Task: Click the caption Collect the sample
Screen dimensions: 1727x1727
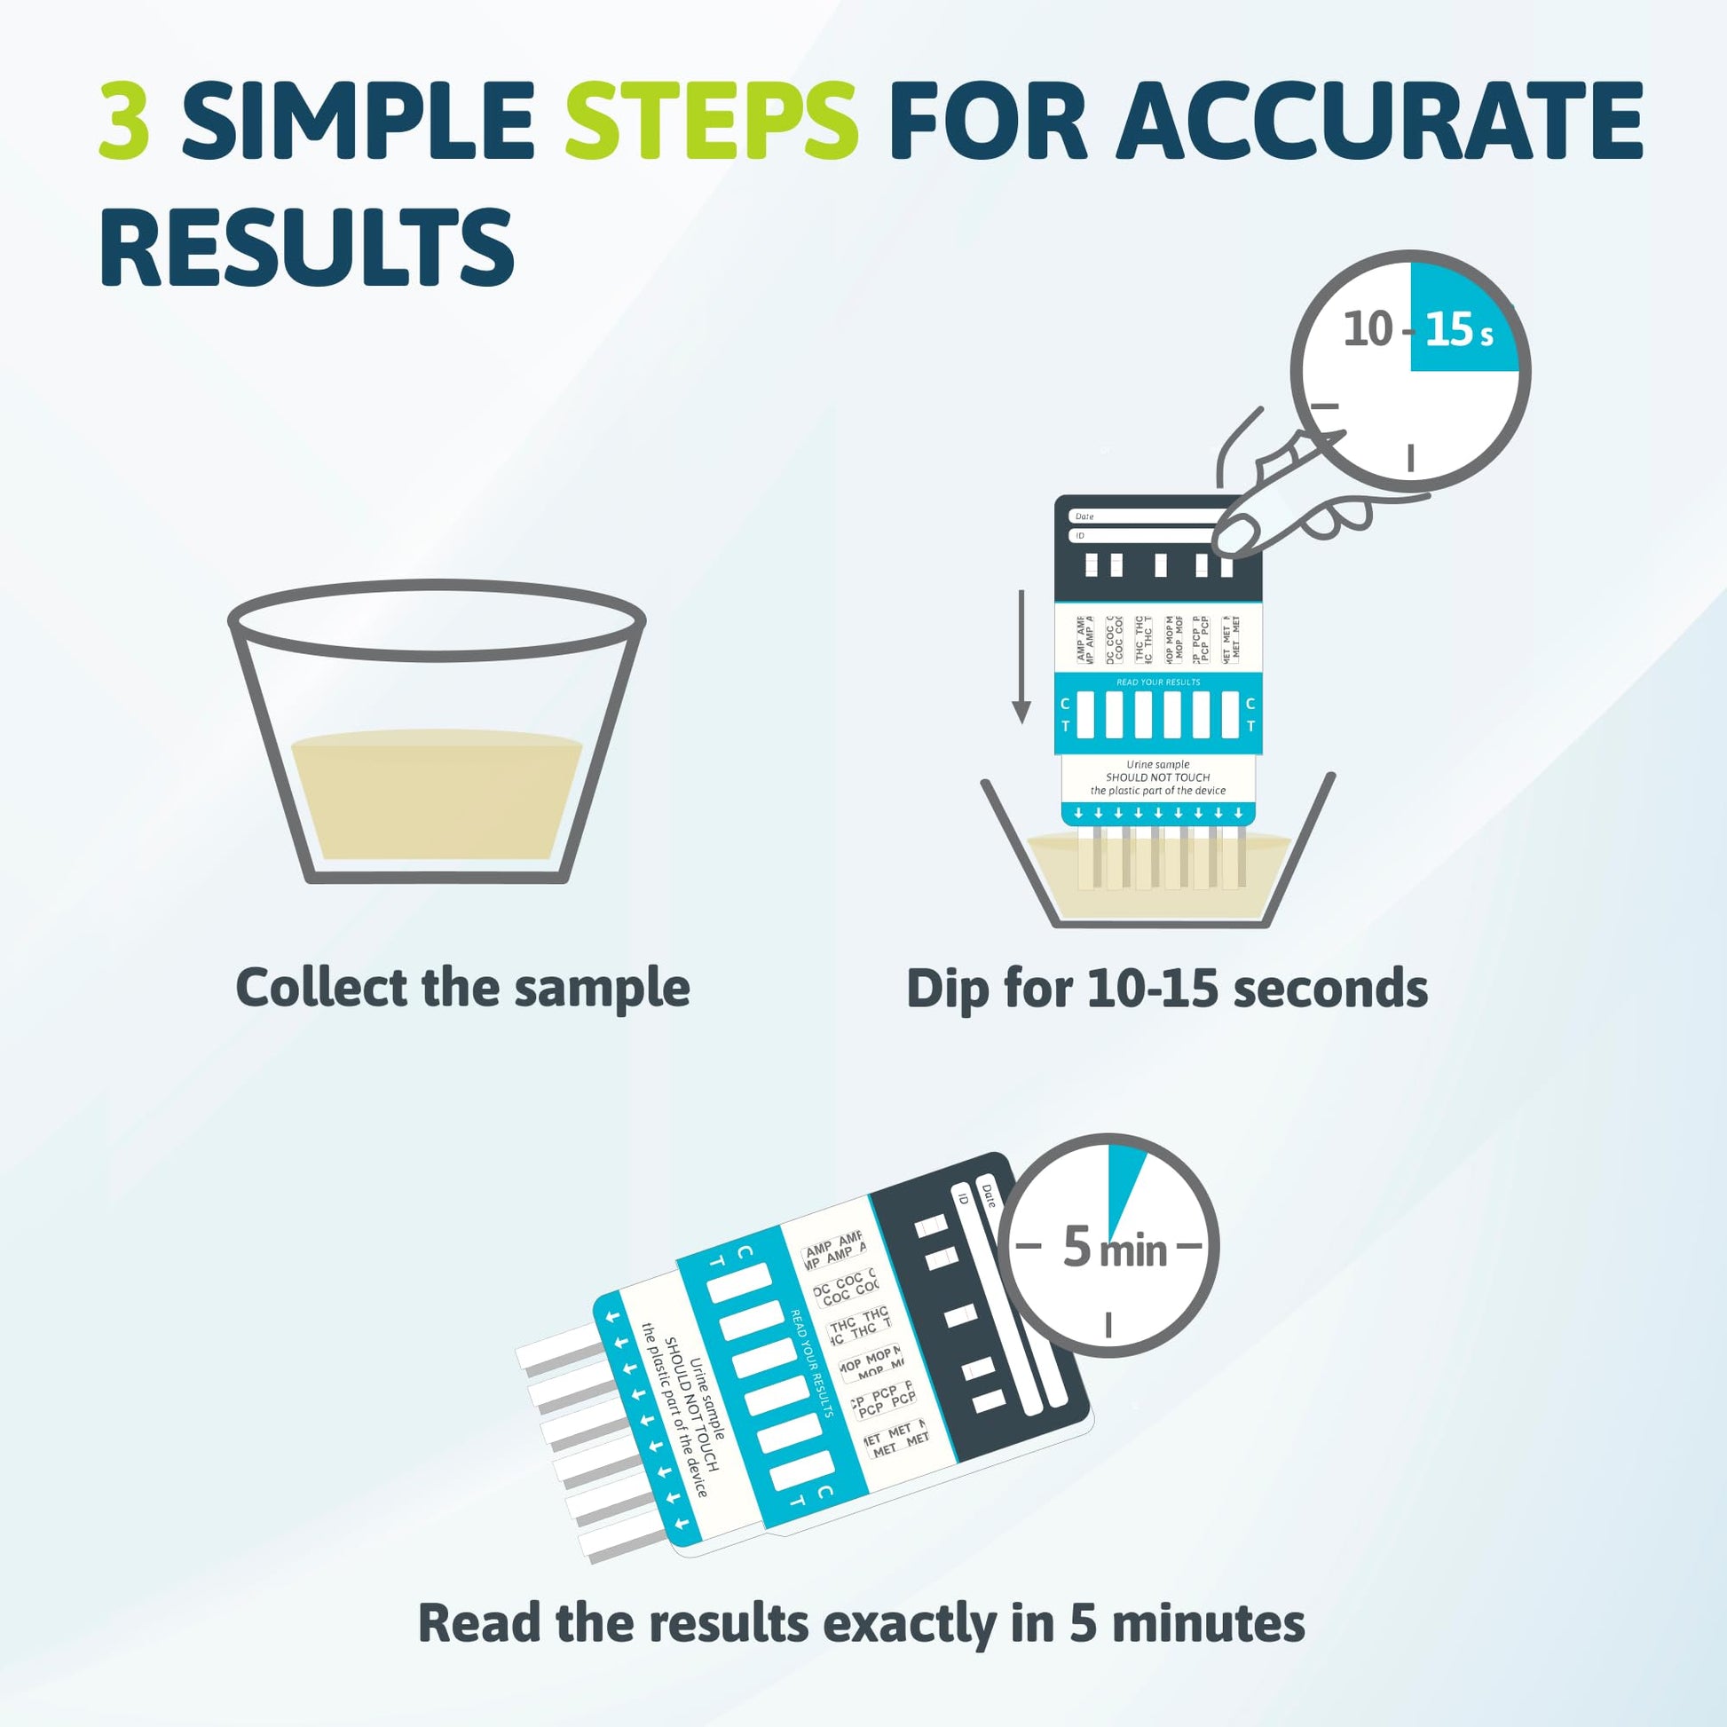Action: (x=462, y=989)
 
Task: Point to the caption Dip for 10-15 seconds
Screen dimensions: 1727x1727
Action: (x=1166, y=989)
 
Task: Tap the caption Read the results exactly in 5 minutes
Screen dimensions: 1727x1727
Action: (x=861, y=1622)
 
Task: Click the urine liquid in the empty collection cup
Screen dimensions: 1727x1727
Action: (x=437, y=795)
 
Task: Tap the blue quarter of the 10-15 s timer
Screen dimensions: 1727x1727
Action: (x=1457, y=309)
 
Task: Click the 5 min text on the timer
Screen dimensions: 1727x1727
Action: (x=1115, y=1248)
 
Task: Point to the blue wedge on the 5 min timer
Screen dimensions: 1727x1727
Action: (x=1121, y=1179)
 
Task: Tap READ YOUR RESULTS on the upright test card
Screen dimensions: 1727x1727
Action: (x=1157, y=682)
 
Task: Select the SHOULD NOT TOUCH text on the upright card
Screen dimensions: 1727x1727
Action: (x=1157, y=777)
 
